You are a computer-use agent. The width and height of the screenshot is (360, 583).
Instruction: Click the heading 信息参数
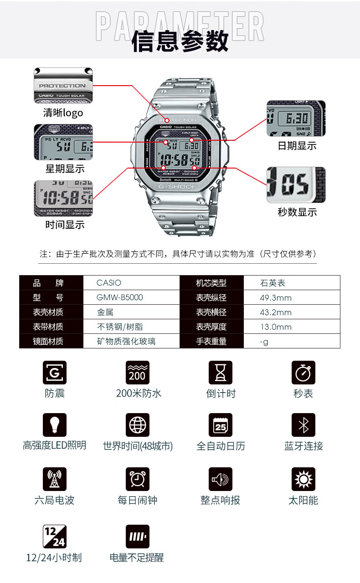click(x=180, y=42)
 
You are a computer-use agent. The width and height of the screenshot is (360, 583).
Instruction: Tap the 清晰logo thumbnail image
click(x=63, y=86)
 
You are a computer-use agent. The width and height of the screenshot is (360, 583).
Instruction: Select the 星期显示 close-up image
click(x=63, y=142)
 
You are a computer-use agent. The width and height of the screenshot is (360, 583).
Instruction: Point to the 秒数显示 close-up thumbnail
click(x=296, y=185)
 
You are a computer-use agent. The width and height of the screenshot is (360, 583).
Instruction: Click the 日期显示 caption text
click(x=297, y=146)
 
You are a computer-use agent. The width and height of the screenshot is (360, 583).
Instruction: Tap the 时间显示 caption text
click(x=64, y=225)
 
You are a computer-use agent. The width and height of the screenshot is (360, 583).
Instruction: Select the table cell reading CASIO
click(x=109, y=283)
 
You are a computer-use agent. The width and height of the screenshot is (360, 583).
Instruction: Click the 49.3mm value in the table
click(x=275, y=298)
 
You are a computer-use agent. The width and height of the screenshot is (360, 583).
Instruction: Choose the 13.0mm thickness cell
click(x=275, y=327)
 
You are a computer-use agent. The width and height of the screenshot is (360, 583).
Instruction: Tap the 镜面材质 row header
click(x=48, y=341)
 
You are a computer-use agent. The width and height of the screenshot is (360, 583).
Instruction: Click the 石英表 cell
click(x=272, y=283)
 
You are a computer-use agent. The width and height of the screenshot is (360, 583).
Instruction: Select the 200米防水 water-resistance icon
click(x=138, y=373)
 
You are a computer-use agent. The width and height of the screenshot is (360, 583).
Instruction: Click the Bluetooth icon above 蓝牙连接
click(x=303, y=425)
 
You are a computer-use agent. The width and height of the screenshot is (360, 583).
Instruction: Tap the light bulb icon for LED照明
click(x=55, y=425)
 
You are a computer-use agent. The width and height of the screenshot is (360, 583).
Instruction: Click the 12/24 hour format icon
click(x=55, y=537)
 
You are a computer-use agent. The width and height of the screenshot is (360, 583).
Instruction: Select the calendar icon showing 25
click(x=221, y=425)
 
